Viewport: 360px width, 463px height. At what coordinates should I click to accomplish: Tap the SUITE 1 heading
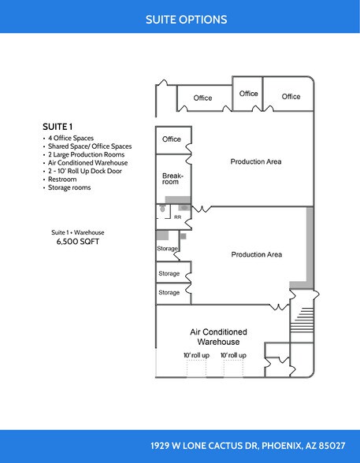pos(58,125)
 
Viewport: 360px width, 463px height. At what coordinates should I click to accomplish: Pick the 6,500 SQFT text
pos(78,243)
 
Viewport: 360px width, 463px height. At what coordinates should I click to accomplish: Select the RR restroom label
pos(177,217)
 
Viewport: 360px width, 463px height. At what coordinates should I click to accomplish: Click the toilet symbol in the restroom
pos(162,210)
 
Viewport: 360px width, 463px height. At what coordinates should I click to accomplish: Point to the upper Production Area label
pos(256,162)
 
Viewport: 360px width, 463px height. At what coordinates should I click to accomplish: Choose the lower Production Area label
pos(256,255)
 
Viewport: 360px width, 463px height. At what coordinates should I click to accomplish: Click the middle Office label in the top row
pos(248,94)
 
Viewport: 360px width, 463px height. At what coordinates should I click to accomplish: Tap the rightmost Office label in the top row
pos(291,97)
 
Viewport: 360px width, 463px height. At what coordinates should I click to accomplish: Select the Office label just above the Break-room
pos(171,139)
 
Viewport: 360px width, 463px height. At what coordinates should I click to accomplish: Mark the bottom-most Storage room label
pos(169,293)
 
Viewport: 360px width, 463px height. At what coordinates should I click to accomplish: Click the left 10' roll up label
pos(196,356)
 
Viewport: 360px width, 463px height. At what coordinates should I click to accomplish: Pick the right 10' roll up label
pos(232,356)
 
